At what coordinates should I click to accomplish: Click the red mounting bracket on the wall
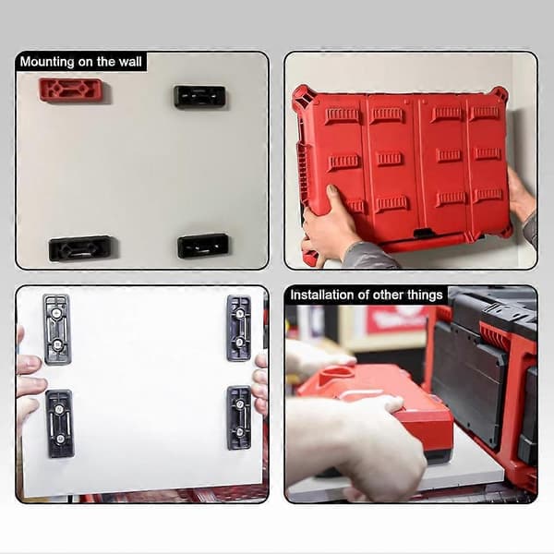(72, 90)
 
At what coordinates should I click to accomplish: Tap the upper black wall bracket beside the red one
(200, 96)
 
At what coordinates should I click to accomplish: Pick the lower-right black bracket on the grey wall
(203, 246)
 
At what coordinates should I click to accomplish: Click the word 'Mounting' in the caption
(47, 62)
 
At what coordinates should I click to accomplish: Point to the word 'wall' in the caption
(130, 62)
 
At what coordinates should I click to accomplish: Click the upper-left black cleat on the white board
(57, 329)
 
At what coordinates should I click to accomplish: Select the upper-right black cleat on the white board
(239, 328)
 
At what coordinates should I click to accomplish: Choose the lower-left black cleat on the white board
(60, 423)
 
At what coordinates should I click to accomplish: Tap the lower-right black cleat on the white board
(239, 417)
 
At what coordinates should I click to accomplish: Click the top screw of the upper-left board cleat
(55, 313)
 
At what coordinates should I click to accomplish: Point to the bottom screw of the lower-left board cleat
(60, 440)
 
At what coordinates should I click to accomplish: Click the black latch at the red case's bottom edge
(424, 234)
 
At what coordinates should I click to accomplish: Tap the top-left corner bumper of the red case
(303, 95)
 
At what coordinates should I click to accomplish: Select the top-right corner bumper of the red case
(499, 94)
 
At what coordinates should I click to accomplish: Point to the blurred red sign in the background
(397, 319)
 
